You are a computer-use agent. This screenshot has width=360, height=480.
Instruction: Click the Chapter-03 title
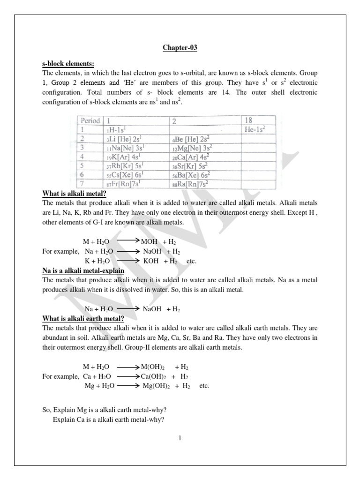coord(180,48)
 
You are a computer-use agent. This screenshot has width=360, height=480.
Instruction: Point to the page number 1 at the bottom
coord(180,438)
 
